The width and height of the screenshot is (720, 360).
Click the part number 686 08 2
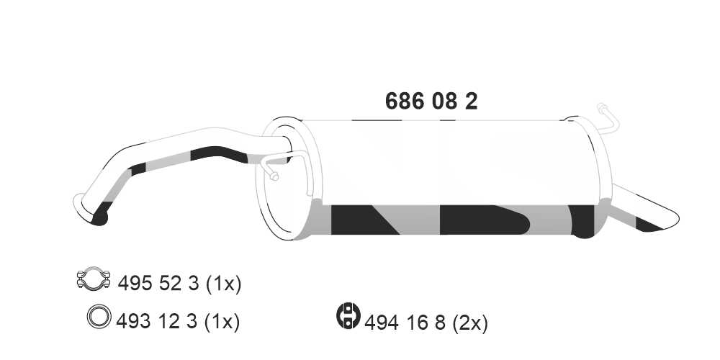[x=431, y=102]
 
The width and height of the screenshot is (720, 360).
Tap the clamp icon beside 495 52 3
[x=92, y=279]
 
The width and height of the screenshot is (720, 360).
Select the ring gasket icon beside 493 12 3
[x=99, y=317]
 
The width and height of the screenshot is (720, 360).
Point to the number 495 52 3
[x=159, y=283]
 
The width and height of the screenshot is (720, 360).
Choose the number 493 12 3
[x=159, y=320]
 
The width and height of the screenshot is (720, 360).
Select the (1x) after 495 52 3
[x=223, y=283]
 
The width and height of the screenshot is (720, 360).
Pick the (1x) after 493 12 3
[x=222, y=320]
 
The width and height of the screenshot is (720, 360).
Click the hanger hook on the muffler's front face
[x=273, y=170]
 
